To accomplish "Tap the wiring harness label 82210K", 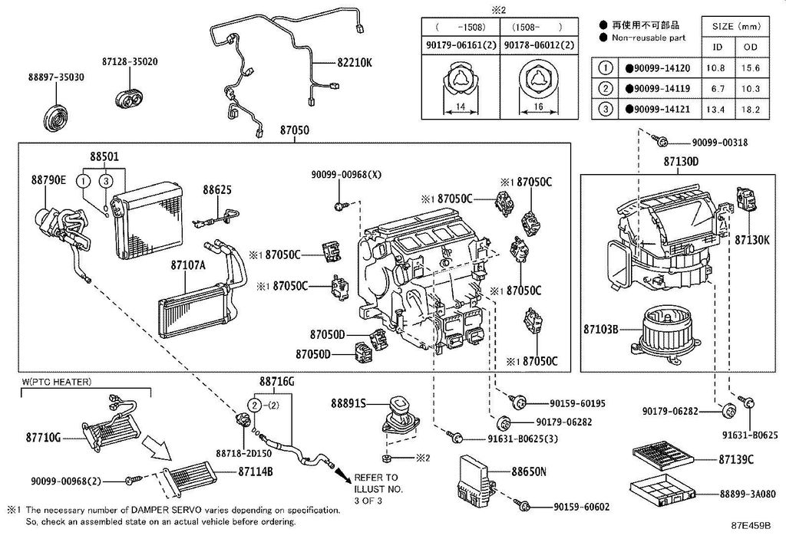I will pos(354,62).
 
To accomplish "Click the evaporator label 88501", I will pos(104,156).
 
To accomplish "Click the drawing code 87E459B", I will pos(750,528).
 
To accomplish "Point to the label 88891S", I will pos(348,402).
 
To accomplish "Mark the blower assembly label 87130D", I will pos(680,162).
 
